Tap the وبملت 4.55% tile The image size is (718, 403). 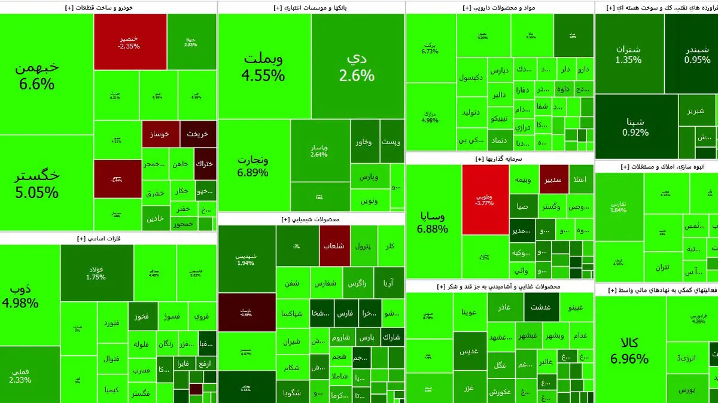(263, 66)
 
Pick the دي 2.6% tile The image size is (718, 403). (357, 66)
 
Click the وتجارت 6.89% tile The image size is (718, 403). (254, 166)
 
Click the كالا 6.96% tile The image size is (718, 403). (629, 350)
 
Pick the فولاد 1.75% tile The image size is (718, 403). (96, 273)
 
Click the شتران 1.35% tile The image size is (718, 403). (628, 54)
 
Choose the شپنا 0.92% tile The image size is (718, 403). (635, 126)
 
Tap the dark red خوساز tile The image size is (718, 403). (160, 134)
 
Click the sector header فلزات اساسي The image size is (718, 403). (107, 238)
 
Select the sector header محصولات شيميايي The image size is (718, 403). (311, 219)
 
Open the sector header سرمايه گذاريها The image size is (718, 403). (499, 158)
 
